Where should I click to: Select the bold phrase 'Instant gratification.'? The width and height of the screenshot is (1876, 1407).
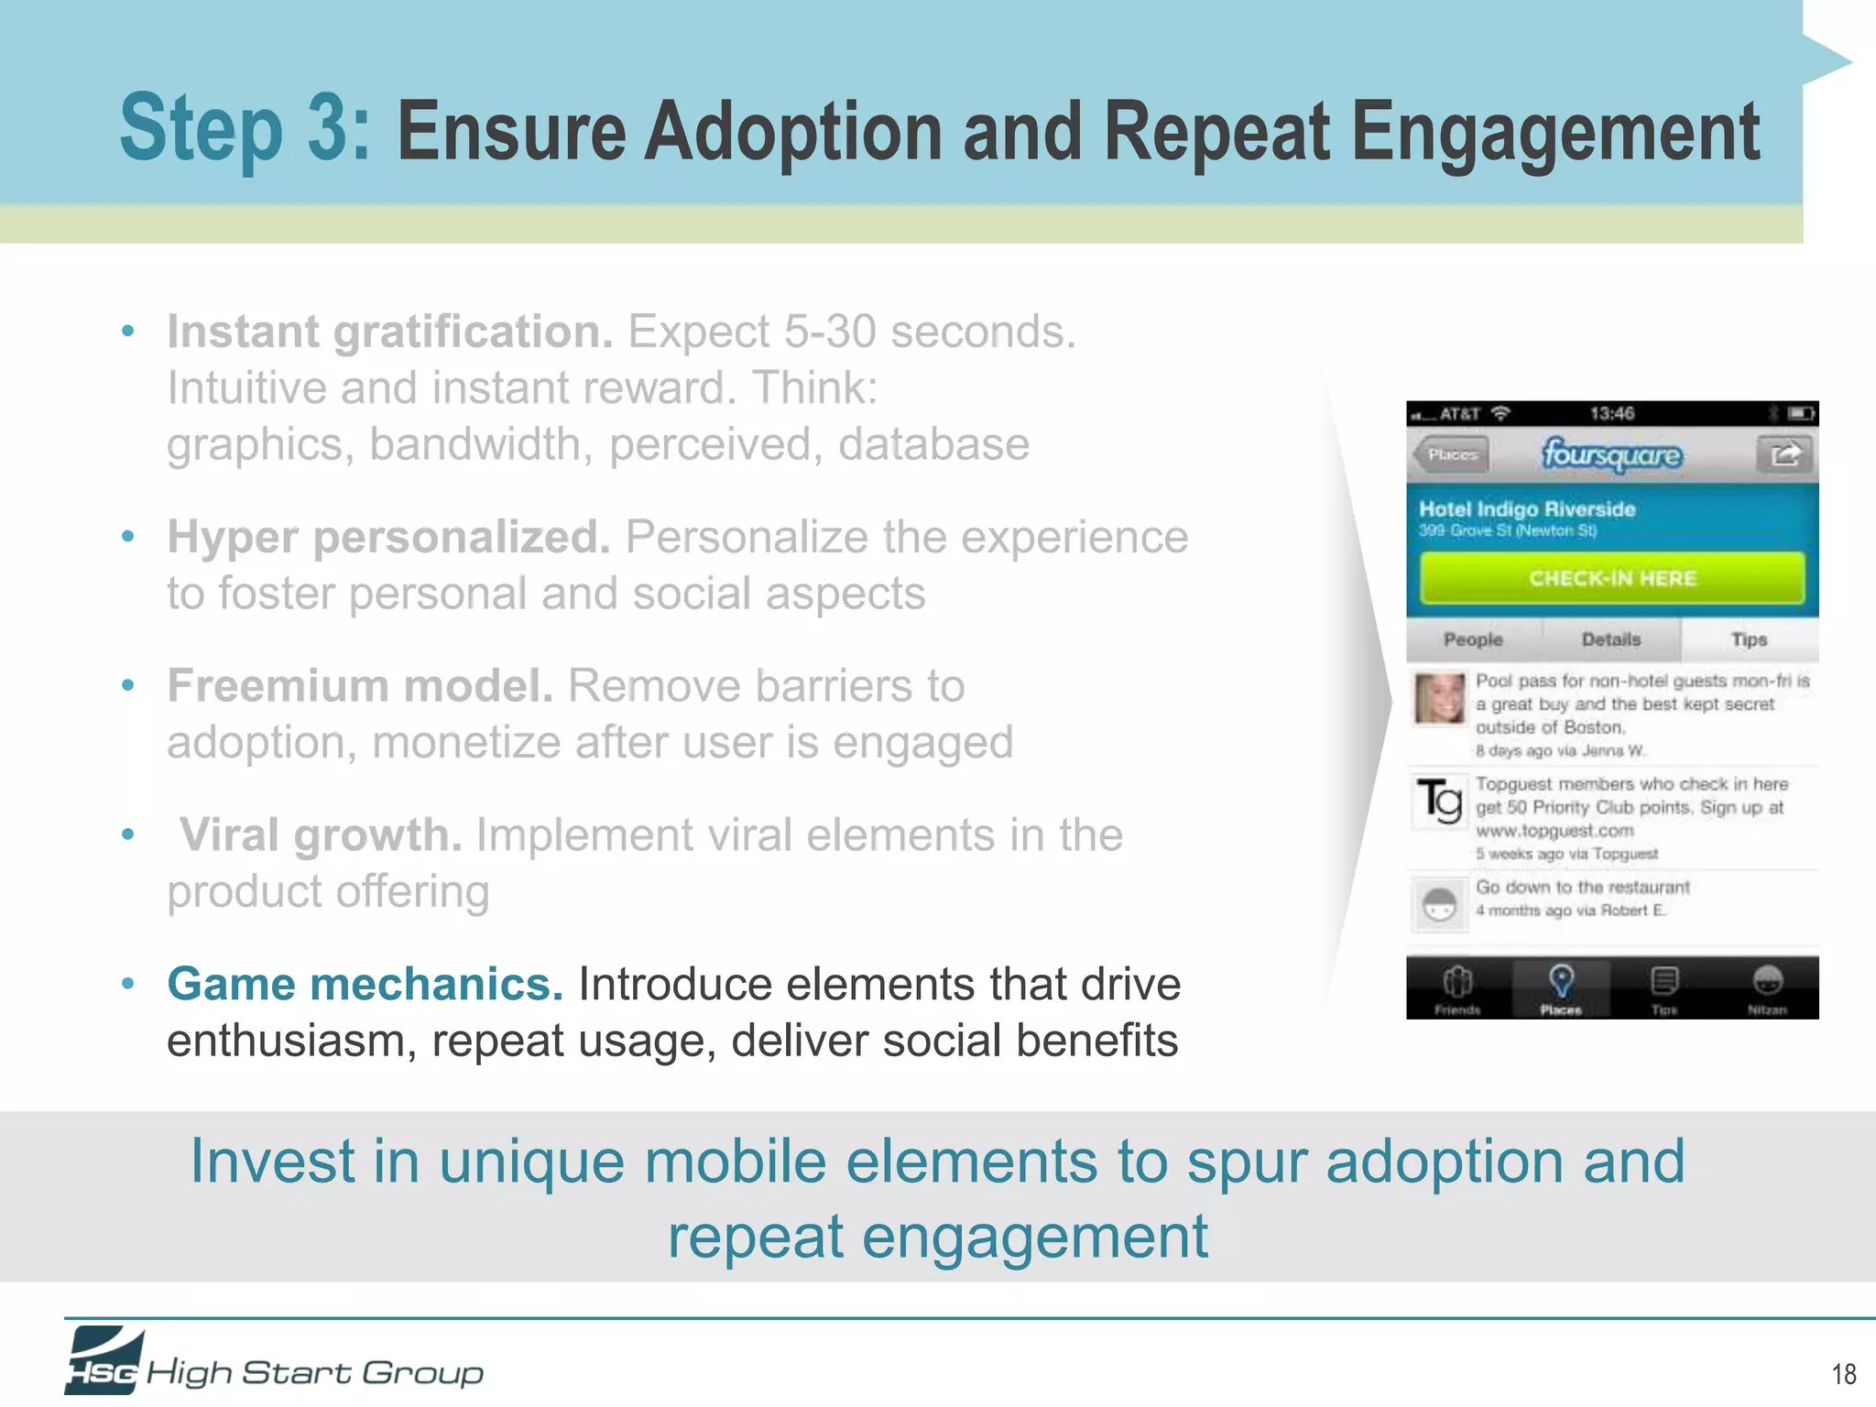[x=389, y=332]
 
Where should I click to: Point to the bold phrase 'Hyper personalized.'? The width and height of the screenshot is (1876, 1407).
[x=388, y=538]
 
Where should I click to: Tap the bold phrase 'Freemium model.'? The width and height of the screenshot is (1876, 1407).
[x=360, y=686]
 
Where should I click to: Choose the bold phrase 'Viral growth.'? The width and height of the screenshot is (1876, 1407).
[x=320, y=835]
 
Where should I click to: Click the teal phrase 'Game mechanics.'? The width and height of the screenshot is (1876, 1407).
[x=365, y=985]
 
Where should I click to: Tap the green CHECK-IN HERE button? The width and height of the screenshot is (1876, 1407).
[x=1612, y=578]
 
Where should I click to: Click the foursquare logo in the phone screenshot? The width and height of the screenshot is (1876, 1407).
[x=1611, y=454]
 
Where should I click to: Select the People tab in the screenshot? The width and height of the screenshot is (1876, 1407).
[x=1473, y=639]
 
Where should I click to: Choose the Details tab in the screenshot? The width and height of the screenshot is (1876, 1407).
[x=1611, y=639]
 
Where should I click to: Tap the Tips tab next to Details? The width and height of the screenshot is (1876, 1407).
[x=1749, y=639]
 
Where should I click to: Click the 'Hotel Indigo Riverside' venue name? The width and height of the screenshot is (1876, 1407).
[x=1527, y=509]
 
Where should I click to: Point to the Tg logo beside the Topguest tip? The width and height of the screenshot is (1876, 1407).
[x=1439, y=801]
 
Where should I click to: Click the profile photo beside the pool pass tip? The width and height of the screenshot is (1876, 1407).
[x=1439, y=699]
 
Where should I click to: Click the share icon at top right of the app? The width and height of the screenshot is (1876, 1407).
[x=1783, y=454]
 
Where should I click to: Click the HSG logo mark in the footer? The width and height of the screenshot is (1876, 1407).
[x=104, y=1361]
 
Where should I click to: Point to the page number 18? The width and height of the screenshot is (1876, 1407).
[x=1843, y=1374]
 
